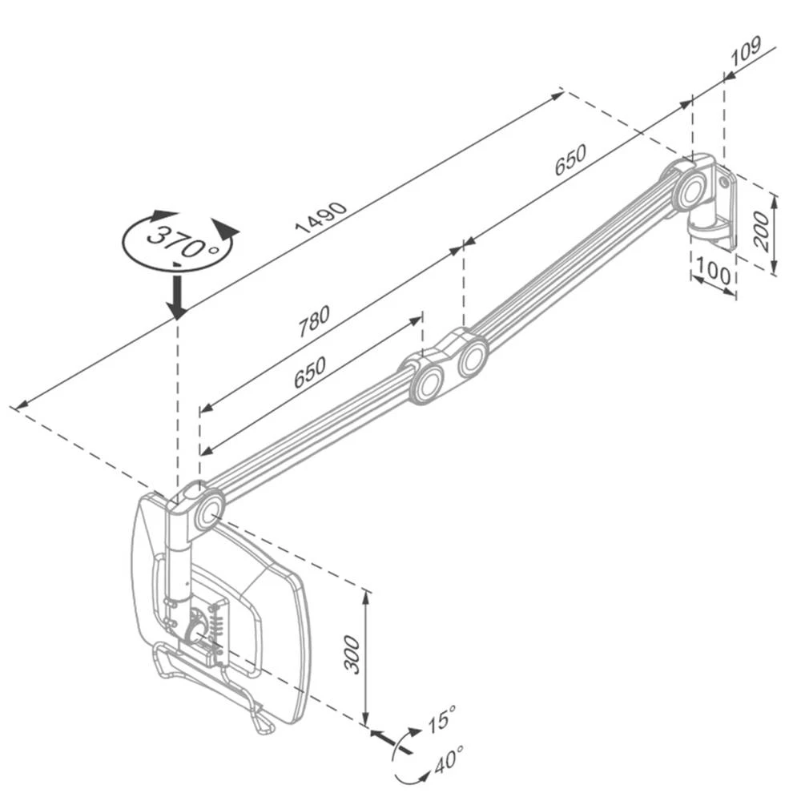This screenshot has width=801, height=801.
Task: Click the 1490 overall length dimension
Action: [321, 217]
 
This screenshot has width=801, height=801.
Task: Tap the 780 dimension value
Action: [314, 320]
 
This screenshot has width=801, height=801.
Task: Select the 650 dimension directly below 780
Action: [309, 372]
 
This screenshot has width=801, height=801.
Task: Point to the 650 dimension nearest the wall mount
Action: [570, 160]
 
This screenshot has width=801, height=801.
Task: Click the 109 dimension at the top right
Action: [745, 51]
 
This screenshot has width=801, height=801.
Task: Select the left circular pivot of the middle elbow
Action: [428, 384]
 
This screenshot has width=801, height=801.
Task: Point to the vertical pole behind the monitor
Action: [178, 569]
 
